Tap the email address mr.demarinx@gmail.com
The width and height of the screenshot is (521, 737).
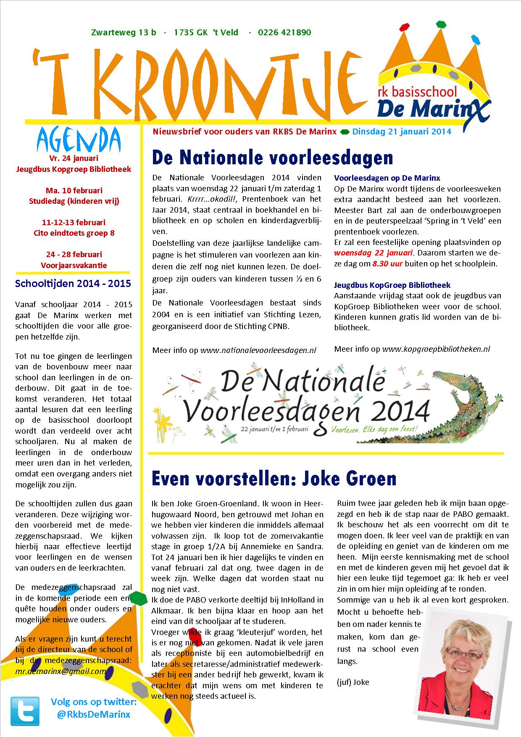pos(61,671)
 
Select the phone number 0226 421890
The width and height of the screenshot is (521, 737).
pos(284,32)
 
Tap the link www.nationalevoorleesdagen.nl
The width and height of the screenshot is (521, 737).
pos(258,350)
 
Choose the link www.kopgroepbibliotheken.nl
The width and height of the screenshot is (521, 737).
pos(436,349)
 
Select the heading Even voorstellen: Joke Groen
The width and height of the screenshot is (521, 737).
pos(274,479)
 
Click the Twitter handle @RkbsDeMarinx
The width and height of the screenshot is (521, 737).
pos(93,714)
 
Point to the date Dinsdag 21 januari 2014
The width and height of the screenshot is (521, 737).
pos(402,132)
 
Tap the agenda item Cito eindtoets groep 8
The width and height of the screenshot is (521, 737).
pos(74,233)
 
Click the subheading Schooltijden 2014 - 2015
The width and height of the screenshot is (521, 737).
pos(73,283)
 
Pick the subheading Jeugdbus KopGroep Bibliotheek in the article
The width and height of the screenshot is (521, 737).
pos(392,285)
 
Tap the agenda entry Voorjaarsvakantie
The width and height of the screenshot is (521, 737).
pos(74,265)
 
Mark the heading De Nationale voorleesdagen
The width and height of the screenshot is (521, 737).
pos(272,158)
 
